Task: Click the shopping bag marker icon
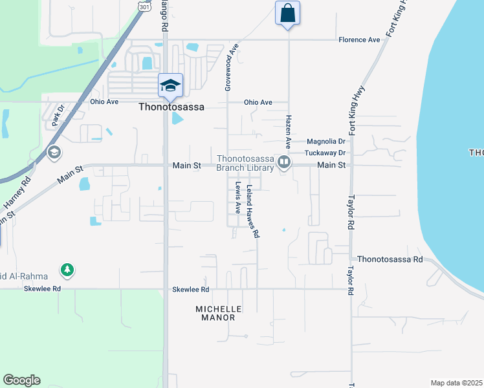pyautogui.click(x=287, y=14)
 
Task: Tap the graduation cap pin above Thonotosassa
pyautogui.click(x=171, y=86)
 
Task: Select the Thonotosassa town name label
pyautogui.click(x=171, y=108)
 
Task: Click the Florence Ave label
pyautogui.click(x=359, y=40)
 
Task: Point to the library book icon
pyautogui.click(x=283, y=162)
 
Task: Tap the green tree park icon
pyautogui.click(x=67, y=269)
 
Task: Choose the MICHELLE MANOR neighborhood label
pyautogui.click(x=219, y=314)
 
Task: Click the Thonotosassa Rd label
pyautogui.click(x=390, y=259)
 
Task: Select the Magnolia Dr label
pyautogui.click(x=327, y=141)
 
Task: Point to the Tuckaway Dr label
pyautogui.click(x=327, y=153)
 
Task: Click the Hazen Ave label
pyautogui.click(x=289, y=130)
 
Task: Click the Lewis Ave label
pyautogui.click(x=238, y=198)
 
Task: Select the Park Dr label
pyautogui.click(x=59, y=113)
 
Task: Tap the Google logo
pyautogui.click(x=21, y=380)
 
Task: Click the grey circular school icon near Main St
pyautogui.click(x=54, y=153)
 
